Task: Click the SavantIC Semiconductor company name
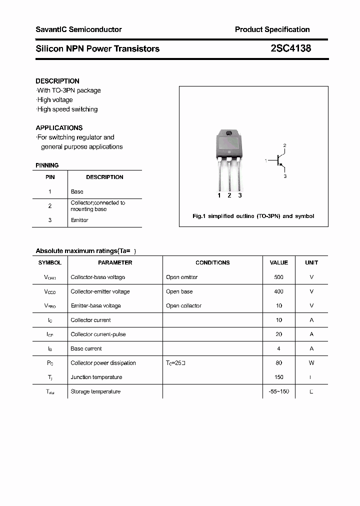click(x=78, y=29)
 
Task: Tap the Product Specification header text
click(x=272, y=29)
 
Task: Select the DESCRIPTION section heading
click(x=57, y=81)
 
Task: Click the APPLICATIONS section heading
click(x=59, y=128)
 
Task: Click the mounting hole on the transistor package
click(x=229, y=133)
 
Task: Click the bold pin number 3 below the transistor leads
click(x=240, y=195)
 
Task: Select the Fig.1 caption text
click(x=253, y=216)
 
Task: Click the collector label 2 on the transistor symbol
click(x=284, y=145)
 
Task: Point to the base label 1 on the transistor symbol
click(x=266, y=160)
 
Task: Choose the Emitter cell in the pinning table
click(x=79, y=220)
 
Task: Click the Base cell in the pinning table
click(x=77, y=191)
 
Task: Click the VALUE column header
click(x=278, y=262)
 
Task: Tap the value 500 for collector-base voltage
click(x=278, y=277)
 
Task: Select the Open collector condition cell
click(x=183, y=305)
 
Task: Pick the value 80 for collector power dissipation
click(x=278, y=363)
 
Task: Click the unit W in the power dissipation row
click(x=311, y=363)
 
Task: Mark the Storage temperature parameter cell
click(x=95, y=391)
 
